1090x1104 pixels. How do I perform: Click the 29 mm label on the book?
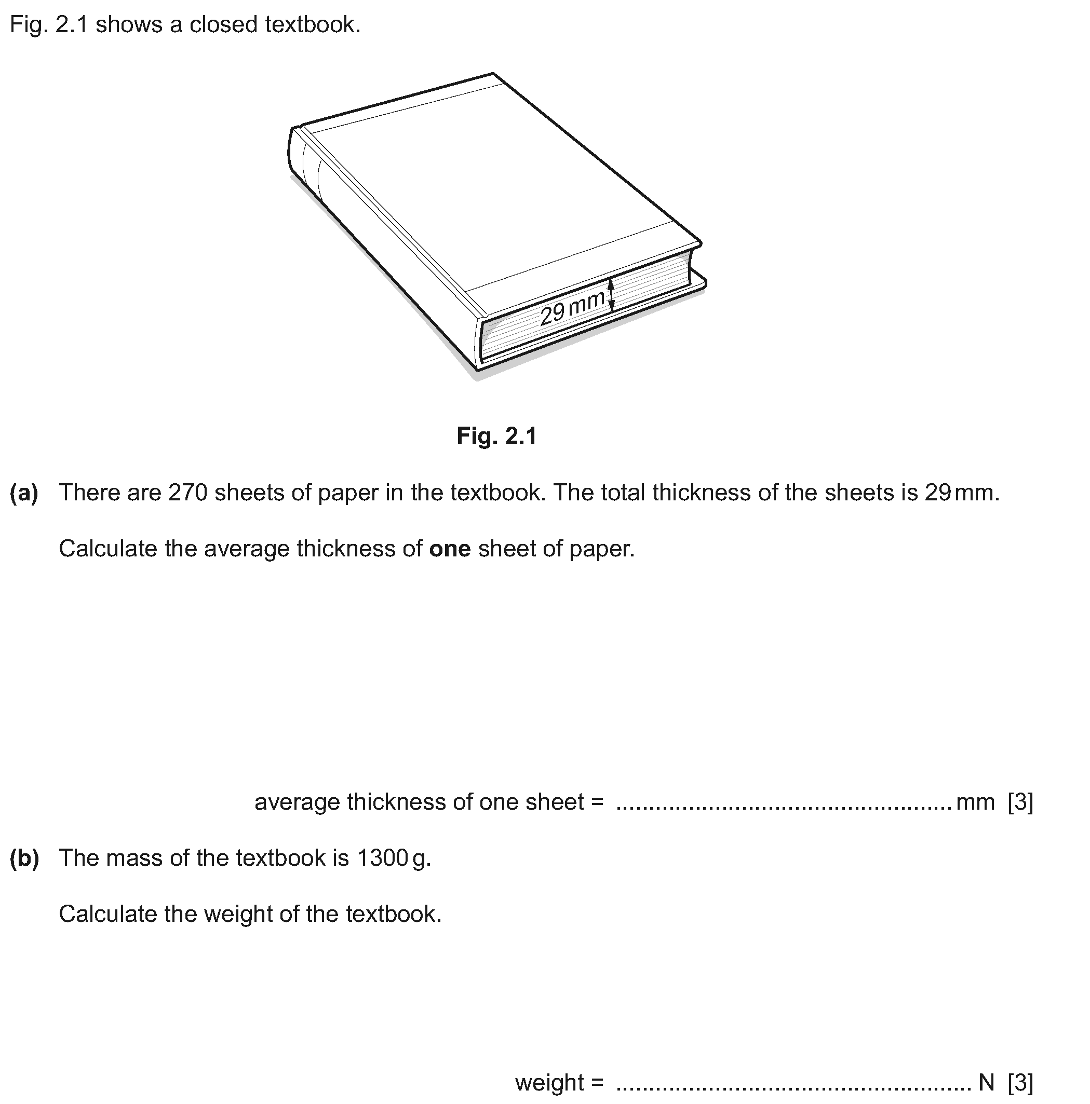572,307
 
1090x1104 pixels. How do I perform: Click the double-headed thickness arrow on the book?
611,295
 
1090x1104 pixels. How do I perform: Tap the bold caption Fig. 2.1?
496,436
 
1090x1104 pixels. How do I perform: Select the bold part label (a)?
24,493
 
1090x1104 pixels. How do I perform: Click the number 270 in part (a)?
187,493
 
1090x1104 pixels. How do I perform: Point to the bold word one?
449,549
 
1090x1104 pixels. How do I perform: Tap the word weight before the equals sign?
549,1082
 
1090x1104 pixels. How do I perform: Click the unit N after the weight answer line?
986,1082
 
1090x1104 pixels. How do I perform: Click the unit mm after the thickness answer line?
975,802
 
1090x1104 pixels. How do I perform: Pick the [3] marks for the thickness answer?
1020,802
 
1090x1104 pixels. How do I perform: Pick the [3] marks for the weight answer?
1020,1082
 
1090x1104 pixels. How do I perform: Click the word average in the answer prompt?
297,802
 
